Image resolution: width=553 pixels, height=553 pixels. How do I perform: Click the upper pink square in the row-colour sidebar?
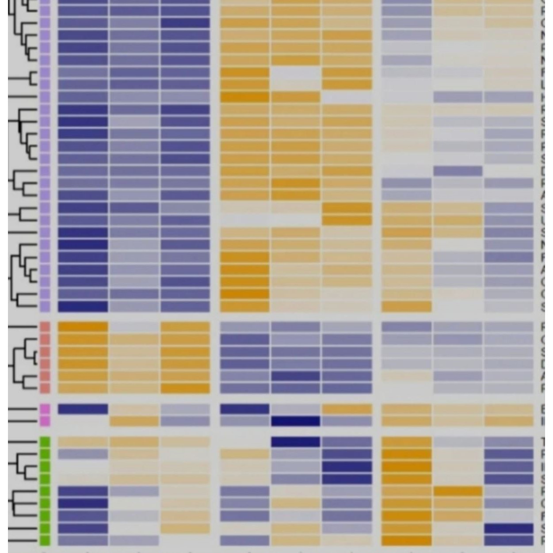45,409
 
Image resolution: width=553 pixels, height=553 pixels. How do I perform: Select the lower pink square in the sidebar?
45,421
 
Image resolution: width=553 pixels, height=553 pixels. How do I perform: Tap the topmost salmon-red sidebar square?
45,327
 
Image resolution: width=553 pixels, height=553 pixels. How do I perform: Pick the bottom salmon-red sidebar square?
45,388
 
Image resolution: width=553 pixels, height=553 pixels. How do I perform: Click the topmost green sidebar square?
45,442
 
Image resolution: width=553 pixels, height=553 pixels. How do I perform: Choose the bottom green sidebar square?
45,540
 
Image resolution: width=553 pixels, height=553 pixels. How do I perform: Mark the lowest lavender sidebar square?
45,306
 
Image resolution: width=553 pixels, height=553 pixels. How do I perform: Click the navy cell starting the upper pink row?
83,409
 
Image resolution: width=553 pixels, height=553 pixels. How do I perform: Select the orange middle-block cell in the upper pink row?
347,409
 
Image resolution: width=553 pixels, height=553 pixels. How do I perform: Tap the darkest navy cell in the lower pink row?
295,421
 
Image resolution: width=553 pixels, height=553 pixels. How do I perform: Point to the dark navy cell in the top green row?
295,442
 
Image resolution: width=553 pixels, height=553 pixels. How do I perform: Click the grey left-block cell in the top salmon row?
134,327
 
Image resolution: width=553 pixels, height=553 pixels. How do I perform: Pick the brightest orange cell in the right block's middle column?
458,491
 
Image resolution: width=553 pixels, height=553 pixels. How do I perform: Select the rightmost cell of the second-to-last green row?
509,528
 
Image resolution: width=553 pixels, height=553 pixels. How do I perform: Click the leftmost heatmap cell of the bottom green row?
83,540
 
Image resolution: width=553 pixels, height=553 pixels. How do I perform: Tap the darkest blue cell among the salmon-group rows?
295,376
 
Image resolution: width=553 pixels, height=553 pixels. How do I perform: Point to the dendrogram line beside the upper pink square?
22,409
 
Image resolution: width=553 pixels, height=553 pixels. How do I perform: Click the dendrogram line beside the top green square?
22,442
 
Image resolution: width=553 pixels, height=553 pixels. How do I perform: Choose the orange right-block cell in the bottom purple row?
406,306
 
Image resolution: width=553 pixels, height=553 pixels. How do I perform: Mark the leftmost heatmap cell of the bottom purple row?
83,306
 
